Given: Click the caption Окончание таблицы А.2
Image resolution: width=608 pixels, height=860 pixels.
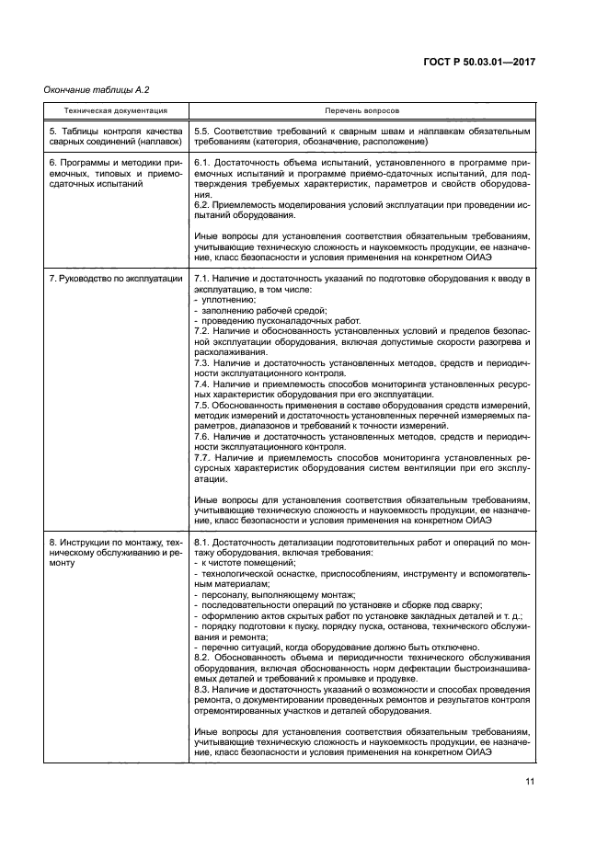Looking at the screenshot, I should point(89,88).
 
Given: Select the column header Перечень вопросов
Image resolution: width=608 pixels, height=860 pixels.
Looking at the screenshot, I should point(361,110).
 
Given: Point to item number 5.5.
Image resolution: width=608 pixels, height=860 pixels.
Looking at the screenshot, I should point(203,132).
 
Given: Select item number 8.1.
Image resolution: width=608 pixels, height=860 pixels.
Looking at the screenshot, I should point(203,543).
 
